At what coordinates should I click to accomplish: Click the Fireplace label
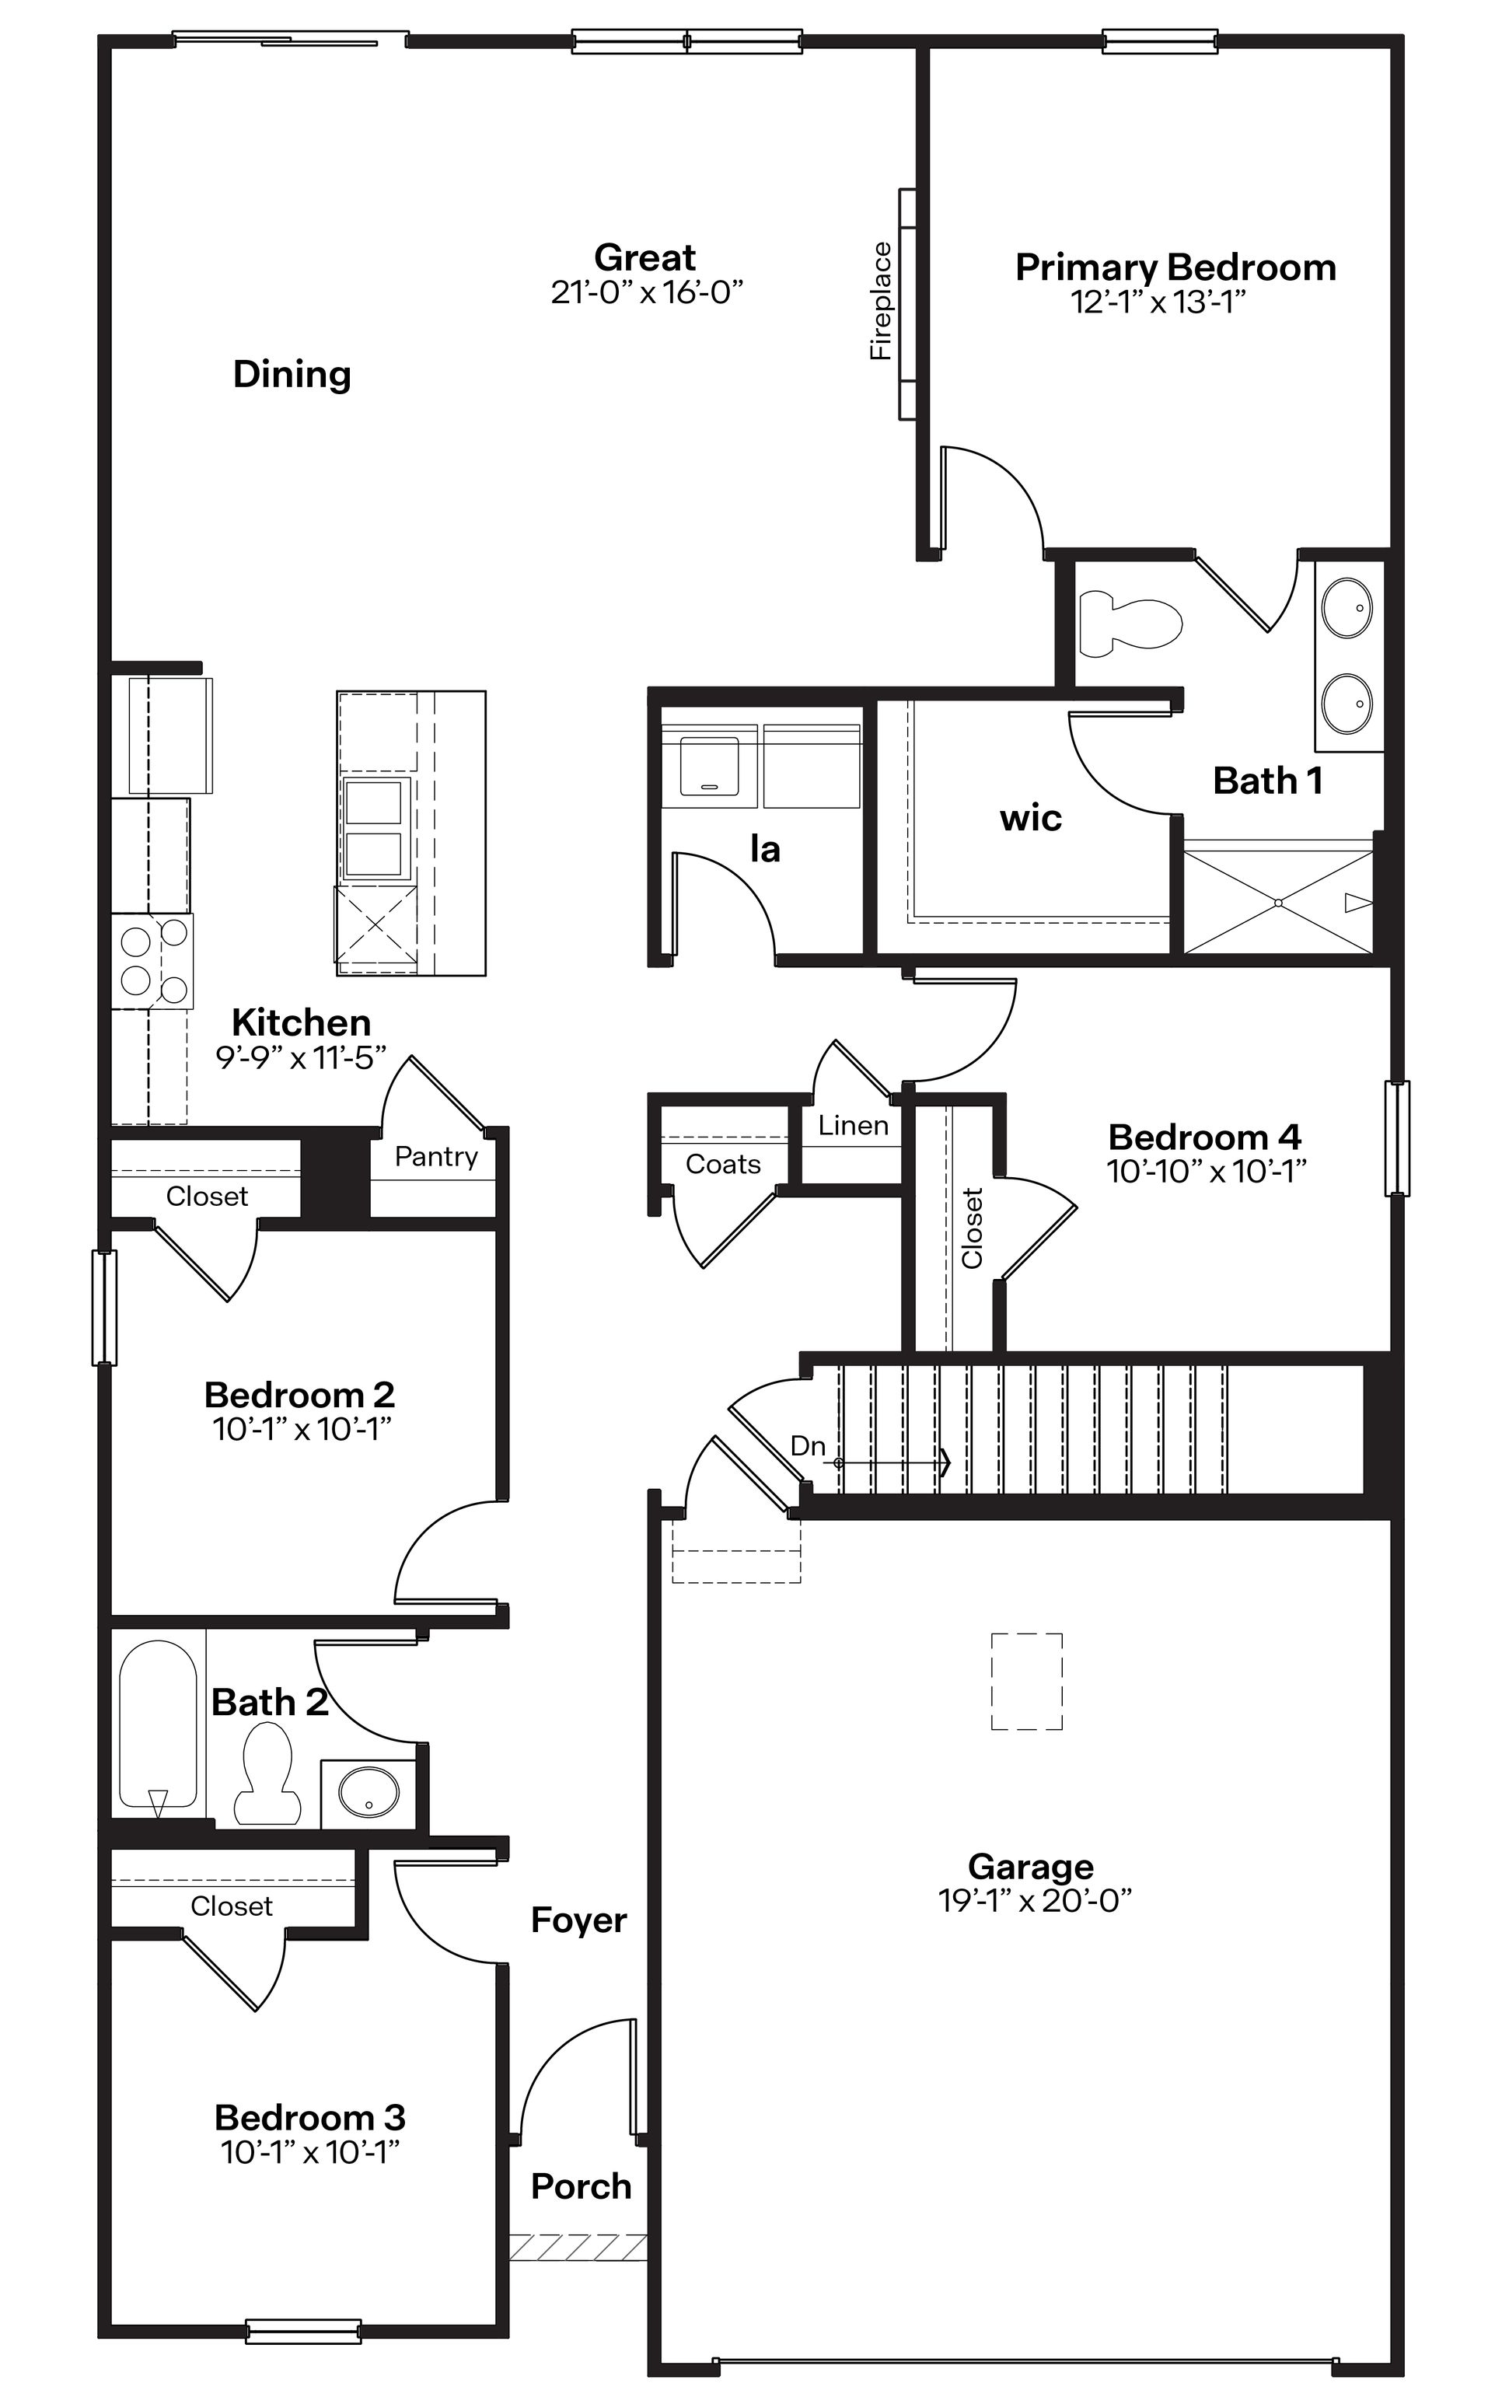tap(881, 301)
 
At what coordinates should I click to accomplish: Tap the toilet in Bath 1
tap(1130, 623)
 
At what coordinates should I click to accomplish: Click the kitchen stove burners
tap(153, 961)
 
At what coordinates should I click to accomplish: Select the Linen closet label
tap(854, 1126)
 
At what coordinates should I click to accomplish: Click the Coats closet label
tap(723, 1164)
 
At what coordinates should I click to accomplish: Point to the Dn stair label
tap(808, 1446)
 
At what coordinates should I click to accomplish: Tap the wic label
tap(1030, 819)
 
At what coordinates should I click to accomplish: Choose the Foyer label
tap(579, 1920)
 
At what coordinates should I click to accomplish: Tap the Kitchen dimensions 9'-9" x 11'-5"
tap(301, 1058)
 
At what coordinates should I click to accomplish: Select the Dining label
tap(292, 375)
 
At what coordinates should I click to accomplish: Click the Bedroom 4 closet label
tap(973, 1228)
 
